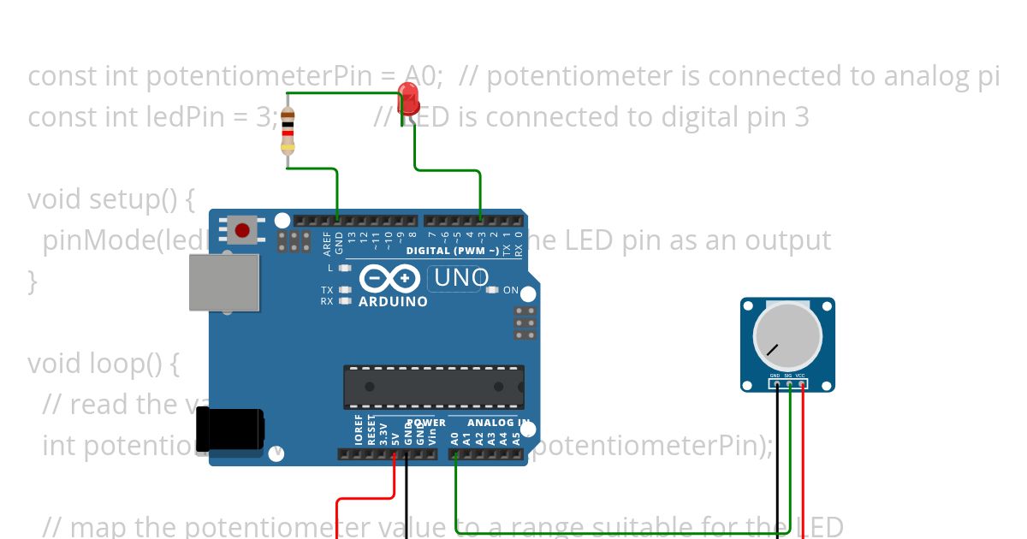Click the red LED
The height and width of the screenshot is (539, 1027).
click(x=409, y=98)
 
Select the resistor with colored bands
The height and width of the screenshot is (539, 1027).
click(x=288, y=132)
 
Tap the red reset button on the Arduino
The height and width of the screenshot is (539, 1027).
click(x=242, y=230)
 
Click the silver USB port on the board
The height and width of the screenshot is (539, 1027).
click(x=223, y=281)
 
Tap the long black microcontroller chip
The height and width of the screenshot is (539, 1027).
click(x=434, y=387)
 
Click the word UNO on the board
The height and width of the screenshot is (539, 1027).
click(x=461, y=278)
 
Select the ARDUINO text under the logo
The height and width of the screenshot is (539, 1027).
click(x=393, y=302)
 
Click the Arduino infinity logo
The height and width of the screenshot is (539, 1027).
click(x=390, y=279)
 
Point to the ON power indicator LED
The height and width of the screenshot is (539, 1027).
click(x=492, y=290)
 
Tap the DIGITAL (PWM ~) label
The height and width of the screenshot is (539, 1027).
click(x=453, y=252)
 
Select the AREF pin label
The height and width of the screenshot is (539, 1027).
click(x=326, y=243)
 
